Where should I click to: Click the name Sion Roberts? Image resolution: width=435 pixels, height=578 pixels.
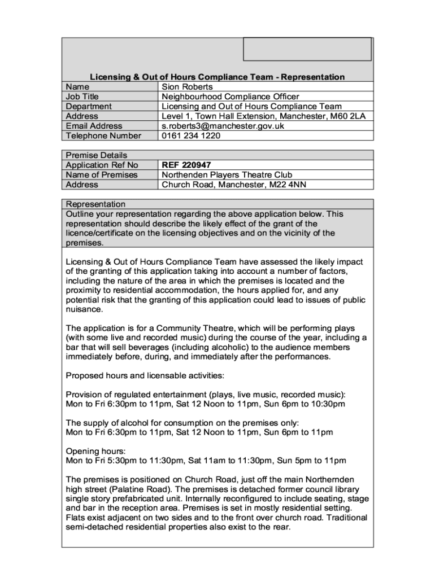point(187,87)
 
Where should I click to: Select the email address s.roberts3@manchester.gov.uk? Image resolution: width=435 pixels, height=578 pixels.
point(223,126)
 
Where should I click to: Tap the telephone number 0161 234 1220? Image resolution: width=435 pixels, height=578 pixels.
point(191,135)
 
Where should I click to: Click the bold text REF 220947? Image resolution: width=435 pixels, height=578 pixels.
point(186,165)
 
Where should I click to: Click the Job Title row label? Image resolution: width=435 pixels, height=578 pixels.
point(82,97)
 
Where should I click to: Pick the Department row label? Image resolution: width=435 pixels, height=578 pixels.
point(89,106)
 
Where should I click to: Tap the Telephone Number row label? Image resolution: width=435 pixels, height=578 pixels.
point(103,135)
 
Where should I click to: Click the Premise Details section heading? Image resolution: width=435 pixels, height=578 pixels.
point(97,155)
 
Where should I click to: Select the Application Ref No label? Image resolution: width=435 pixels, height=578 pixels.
point(102,165)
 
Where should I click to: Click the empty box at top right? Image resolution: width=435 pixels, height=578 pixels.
point(307,49)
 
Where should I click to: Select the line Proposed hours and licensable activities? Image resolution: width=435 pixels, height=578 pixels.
point(145,375)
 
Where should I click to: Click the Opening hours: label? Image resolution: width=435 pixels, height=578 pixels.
point(96,451)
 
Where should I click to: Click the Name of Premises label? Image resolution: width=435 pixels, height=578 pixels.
point(102,175)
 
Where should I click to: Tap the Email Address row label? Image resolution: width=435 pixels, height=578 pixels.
point(94,126)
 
